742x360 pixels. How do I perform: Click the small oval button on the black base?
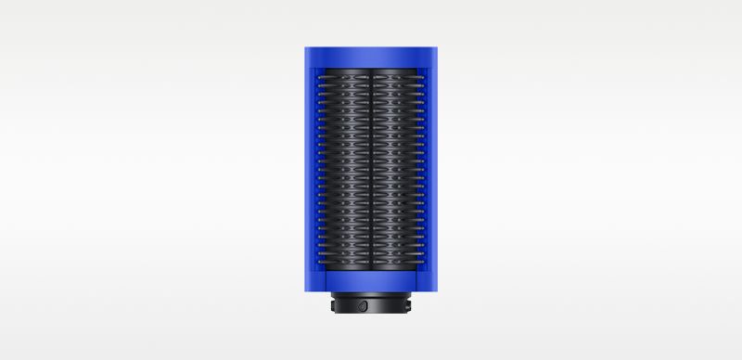point(365,305)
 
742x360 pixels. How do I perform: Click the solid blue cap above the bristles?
point(370,56)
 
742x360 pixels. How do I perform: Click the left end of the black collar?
point(332,306)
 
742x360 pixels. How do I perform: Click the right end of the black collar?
point(409,306)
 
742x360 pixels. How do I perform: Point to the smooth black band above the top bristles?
point(370,71)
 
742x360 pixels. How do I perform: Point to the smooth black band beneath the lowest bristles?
point(370,271)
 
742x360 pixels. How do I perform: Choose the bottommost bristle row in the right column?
point(399,264)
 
